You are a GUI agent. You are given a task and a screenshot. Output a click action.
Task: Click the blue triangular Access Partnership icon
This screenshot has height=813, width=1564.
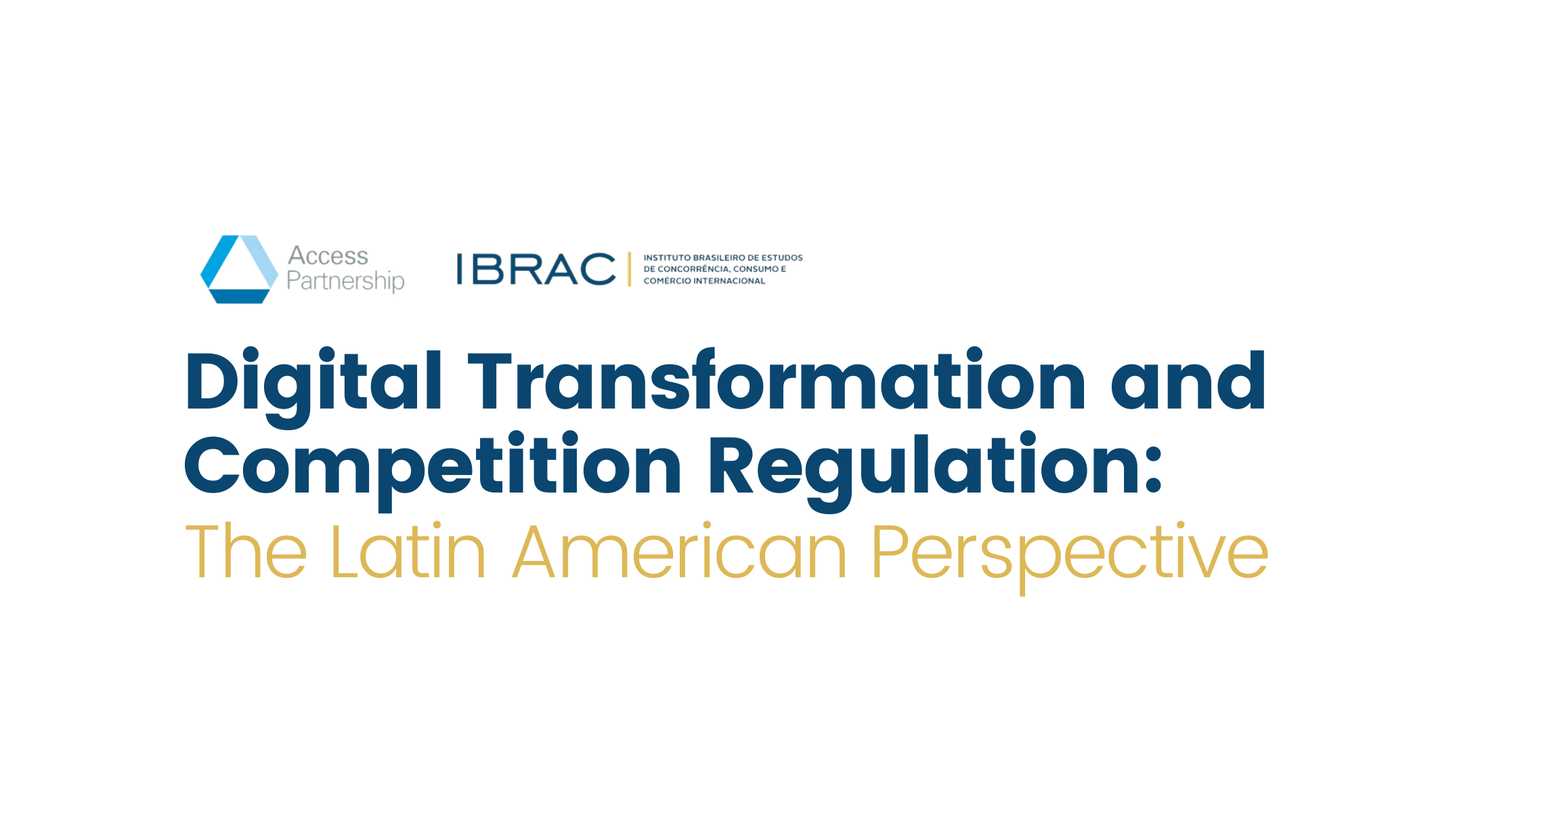pyautogui.click(x=239, y=269)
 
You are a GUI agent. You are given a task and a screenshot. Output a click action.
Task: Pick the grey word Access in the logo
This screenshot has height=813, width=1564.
pyautogui.click(x=328, y=255)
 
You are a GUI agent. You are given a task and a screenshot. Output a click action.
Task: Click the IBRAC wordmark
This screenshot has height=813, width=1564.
pyautogui.click(x=536, y=269)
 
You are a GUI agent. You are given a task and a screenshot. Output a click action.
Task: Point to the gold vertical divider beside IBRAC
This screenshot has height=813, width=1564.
pyautogui.click(x=629, y=269)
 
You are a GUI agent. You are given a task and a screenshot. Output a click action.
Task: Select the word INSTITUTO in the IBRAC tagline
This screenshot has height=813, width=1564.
pyautogui.click(x=667, y=257)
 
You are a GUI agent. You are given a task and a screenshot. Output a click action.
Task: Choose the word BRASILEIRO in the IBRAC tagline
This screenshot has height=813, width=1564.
pyautogui.click(x=718, y=257)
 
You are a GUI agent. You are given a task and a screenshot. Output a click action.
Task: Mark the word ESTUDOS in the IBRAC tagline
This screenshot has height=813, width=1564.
pyautogui.click(x=782, y=257)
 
